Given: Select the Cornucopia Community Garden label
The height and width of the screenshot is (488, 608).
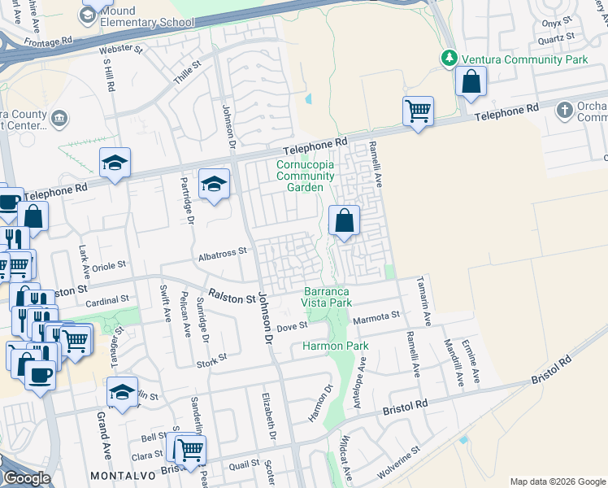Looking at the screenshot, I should coord(305,176).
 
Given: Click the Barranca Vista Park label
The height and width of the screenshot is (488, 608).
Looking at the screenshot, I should coord(328,297).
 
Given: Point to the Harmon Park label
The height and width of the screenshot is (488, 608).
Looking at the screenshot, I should coord(336,346).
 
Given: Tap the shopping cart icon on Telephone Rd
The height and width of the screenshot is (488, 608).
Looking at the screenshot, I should coord(418,111).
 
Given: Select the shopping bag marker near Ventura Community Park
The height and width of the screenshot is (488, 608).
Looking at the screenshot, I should coord(471,82).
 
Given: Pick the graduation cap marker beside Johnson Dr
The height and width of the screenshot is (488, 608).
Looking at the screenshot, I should coord(214,185).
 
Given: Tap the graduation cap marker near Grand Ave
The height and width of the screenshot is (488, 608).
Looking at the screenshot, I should coord(122,393).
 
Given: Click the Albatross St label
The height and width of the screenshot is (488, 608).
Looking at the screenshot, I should coord(222,254).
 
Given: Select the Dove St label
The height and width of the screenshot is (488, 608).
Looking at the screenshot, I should coord(292,326).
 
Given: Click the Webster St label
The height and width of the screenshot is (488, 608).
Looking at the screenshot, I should coord(120,50).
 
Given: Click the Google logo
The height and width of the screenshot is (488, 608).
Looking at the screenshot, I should coord(26,478).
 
